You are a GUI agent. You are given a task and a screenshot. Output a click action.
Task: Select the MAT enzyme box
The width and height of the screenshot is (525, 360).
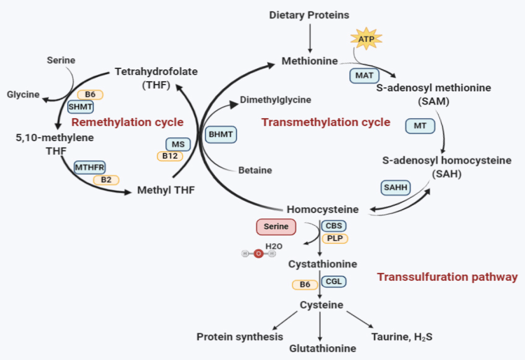[364, 76]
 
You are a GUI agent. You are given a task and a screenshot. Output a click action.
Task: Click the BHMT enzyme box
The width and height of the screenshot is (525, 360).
[221, 134]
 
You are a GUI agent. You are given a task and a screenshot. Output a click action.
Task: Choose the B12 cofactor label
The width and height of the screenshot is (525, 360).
[170, 156]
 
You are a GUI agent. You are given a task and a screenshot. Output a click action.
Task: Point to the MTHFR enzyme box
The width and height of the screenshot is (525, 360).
[89, 167]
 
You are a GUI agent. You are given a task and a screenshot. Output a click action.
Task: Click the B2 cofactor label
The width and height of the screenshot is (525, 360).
[106, 180]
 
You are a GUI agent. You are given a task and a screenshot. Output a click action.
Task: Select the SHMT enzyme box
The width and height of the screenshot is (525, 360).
[80, 106]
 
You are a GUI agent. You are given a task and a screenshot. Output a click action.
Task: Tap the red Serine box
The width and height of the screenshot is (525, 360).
[276, 227]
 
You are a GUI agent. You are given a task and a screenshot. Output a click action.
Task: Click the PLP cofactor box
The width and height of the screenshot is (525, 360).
[335, 238]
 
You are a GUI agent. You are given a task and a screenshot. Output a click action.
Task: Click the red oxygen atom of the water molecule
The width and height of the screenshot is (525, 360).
[258, 254]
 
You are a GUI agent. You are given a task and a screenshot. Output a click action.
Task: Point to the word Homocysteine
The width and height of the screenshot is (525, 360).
[322, 210]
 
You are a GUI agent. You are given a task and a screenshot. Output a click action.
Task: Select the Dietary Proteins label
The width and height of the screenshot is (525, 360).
[309, 15]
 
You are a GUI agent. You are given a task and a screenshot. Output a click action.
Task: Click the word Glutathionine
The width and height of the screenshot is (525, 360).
[322, 348]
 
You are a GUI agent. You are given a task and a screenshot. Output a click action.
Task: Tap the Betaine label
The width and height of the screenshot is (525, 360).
[255, 170]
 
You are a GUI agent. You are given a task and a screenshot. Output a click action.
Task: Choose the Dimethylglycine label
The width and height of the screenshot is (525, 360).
[275, 100]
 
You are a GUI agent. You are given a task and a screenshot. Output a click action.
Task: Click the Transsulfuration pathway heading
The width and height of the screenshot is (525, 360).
[447, 277]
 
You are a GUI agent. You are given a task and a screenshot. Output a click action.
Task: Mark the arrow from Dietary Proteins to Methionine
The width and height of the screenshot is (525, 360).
[310, 37]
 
